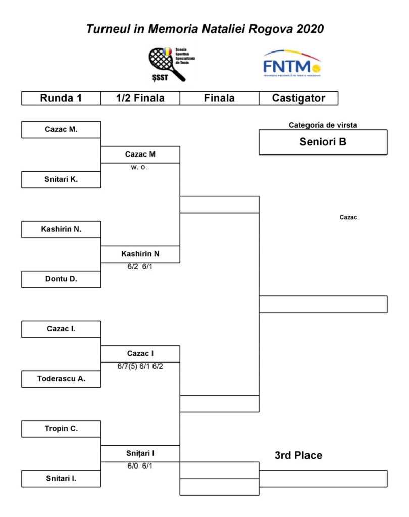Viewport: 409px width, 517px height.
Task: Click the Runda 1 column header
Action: point(61,98)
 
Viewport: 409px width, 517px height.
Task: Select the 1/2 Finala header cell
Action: point(140,98)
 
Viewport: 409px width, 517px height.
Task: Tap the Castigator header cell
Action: point(298,98)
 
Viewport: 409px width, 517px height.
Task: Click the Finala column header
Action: point(219,98)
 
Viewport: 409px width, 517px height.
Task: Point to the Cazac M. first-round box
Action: point(61,129)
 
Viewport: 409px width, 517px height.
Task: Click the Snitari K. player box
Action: point(61,179)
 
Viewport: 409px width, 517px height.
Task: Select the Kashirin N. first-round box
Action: point(61,229)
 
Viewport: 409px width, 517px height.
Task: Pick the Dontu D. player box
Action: point(61,279)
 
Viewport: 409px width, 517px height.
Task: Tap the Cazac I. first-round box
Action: point(61,329)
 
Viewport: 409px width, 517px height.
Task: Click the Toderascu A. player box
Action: point(61,379)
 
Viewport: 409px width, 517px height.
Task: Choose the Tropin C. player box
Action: point(61,429)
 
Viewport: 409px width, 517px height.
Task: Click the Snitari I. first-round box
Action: point(61,478)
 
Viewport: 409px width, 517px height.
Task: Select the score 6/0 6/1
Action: point(140,466)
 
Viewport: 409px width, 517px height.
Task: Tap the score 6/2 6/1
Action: point(140,267)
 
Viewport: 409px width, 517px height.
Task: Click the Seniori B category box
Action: point(323,142)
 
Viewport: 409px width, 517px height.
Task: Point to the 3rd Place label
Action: point(298,455)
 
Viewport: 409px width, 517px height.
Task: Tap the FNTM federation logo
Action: point(292,64)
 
